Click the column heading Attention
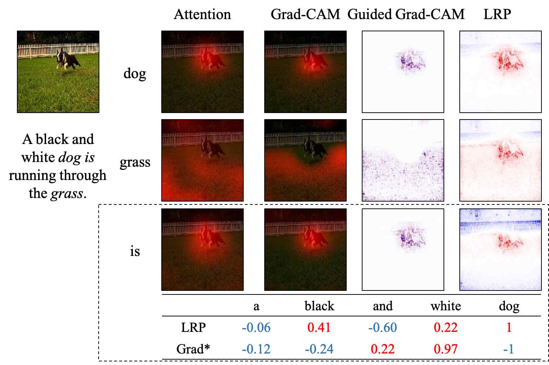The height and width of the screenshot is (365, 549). [202, 14]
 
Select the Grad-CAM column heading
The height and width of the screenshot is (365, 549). [305, 14]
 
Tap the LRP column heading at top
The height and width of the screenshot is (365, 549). [497, 14]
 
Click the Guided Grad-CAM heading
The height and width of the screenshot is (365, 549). [406, 14]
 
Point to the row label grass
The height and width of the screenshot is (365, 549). [135, 162]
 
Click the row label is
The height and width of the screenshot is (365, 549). [135, 251]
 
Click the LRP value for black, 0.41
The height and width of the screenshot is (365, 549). [319, 328]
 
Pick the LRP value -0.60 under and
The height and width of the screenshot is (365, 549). [382, 328]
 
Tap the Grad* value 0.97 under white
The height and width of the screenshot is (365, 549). [446, 349]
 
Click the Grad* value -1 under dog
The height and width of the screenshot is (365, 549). [508, 349]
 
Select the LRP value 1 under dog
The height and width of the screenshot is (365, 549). [509, 328]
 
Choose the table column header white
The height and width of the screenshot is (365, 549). [446, 306]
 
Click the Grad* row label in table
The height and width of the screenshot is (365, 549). [193, 349]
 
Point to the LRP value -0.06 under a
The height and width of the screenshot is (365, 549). [256, 328]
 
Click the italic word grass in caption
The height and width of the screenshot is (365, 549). [67, 194]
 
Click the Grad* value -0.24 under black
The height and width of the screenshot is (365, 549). [319, 349]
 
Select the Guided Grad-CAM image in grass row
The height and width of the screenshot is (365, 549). [403, 160]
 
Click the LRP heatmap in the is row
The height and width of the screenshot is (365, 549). [500, 249]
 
